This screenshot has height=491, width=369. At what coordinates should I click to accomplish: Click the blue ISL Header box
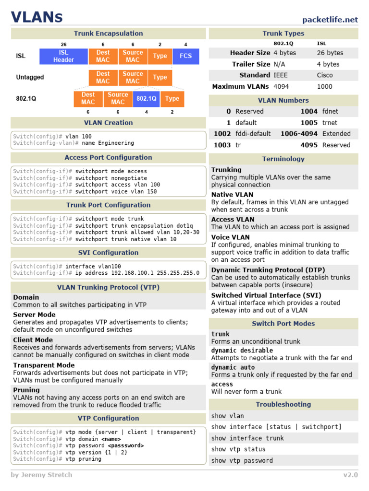63,56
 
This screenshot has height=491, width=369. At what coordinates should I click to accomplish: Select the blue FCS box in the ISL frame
185,56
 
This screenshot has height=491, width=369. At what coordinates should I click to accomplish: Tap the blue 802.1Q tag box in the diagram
146,98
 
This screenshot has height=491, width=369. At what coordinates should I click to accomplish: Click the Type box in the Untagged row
160,77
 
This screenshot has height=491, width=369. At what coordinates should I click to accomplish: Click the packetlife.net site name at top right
330,20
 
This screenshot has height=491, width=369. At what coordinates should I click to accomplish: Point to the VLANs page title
37,18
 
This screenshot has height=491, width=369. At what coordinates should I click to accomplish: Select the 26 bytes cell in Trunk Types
330,53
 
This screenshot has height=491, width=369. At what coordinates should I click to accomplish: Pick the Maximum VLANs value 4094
282,86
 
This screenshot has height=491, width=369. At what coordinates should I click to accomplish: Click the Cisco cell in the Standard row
325,75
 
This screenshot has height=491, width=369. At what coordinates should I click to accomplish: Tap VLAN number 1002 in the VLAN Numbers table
222,134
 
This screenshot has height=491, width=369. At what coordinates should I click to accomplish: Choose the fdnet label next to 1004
330,111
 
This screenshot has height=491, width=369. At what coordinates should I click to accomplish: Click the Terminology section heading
283,159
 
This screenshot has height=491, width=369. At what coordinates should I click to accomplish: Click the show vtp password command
242,460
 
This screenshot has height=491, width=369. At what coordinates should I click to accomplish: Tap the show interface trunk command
247,438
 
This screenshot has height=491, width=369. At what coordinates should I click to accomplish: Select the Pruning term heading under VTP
26,390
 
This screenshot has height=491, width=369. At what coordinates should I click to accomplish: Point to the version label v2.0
350,475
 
